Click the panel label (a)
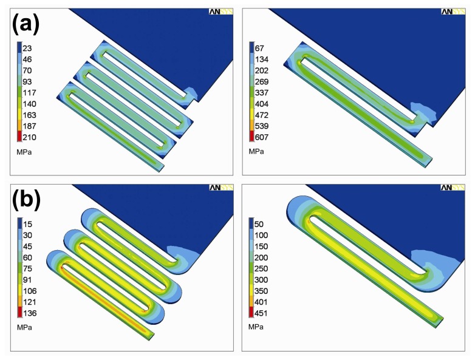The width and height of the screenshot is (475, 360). pyautogui.click(x=26, y=24)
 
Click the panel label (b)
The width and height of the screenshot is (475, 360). pyautogui.click(x=26, y=200)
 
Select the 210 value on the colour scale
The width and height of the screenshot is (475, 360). pyautogui.click(x=29, y=137)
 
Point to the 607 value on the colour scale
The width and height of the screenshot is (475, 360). pyautogui.click(x=261, y=137)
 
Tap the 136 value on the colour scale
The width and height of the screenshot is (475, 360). pyautogui.click(x=30, y=313)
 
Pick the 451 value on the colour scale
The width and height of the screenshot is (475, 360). pyautogui.click(x=261, y=313)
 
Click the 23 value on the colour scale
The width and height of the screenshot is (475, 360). pyautogui.click(x=27, y=48)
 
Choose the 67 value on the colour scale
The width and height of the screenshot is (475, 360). pyautogui.click(x=259, y=48)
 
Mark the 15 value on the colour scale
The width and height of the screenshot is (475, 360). pyautogui.click(x=27, y=224)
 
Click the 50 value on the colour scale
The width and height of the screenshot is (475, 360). pyautogui.click(x=259, y=224)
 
